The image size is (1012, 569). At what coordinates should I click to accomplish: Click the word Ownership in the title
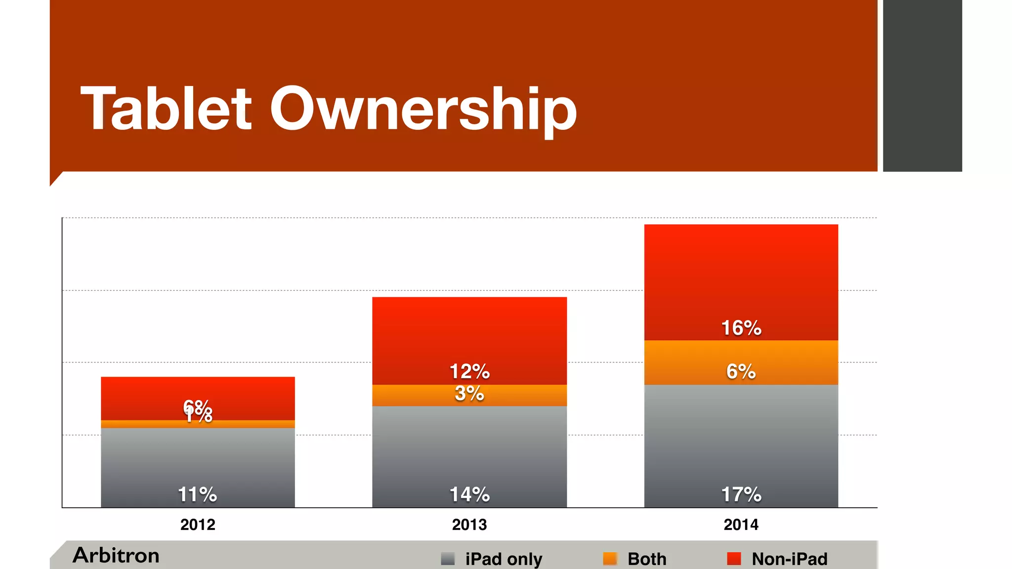click(x=423, y=110)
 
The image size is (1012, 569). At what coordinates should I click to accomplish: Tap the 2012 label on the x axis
click(x=198, y=525)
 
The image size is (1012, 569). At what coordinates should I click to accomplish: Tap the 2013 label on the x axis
click(x=469, y=525)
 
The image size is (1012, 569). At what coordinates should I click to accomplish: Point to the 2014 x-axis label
click(x=741, y=525)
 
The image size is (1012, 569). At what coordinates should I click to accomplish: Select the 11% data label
click(x=198, y=494)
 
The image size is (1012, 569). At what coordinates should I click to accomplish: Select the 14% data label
click(x=469, y=494)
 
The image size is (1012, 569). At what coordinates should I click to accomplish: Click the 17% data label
click(x=741, y=494)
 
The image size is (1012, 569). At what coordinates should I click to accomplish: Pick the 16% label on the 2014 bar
click(x=741, y=328)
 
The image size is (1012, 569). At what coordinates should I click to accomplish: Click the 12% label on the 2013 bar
click(x=469, y=371)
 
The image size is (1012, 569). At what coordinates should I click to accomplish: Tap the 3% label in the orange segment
click(x=469, y=394)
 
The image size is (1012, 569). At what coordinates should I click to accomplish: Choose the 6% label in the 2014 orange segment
click(x=741, y=371)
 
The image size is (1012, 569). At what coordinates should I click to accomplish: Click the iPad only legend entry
click(x=503, y=559)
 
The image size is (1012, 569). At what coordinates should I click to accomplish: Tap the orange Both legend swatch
click(x=610, y=559)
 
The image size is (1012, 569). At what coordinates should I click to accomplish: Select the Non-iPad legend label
click(x=789, y=559)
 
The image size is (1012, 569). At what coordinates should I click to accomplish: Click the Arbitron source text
click(x=116, y=556)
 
